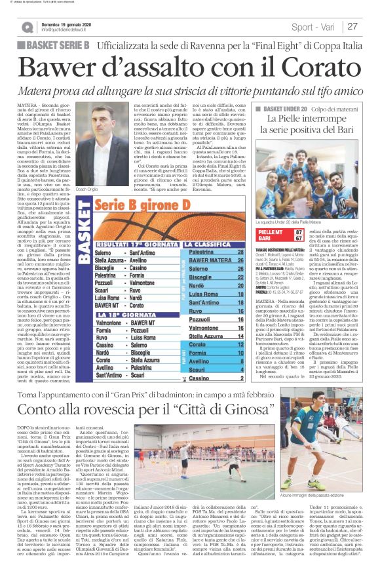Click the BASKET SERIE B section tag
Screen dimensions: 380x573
[x=56, y=45]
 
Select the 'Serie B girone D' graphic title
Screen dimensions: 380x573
[x=165, y=222]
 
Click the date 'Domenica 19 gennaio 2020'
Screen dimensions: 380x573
[x=67, y=22]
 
